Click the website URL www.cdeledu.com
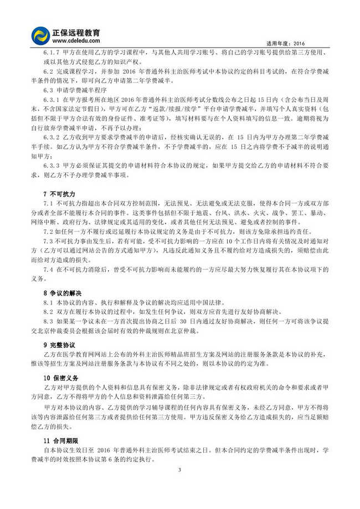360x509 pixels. point(78,40)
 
